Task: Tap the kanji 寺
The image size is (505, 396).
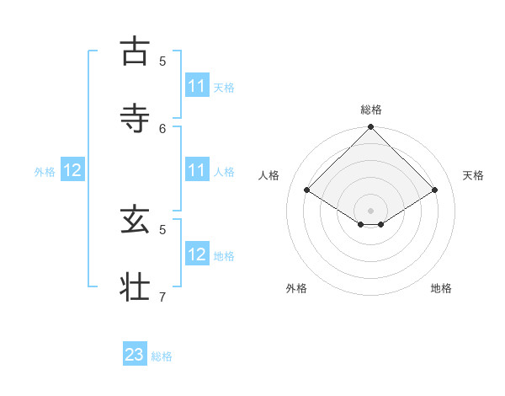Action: point(135,118)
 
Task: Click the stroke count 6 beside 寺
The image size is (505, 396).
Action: point(162,128)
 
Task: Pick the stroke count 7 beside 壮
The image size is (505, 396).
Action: point(162,297)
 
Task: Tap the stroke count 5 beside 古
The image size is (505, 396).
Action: point(162,61)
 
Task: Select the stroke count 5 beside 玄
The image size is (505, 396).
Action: point(162,229)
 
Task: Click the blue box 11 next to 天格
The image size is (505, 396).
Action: point(196,86)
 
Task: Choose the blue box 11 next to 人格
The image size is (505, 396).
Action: point(196,170)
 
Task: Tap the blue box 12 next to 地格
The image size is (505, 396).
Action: point(196,254)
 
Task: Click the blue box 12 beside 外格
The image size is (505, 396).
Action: point(72,170)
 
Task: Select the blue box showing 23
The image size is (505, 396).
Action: point(135,355)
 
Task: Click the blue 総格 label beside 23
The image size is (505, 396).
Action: point(162,356)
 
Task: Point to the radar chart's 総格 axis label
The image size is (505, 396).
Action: point(371,110)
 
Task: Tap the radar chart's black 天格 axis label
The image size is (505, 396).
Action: point(473,175)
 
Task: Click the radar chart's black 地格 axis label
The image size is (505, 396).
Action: point(441,288)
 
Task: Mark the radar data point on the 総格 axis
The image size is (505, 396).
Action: point(371,128)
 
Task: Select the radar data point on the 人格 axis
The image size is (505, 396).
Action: point(306,190)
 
